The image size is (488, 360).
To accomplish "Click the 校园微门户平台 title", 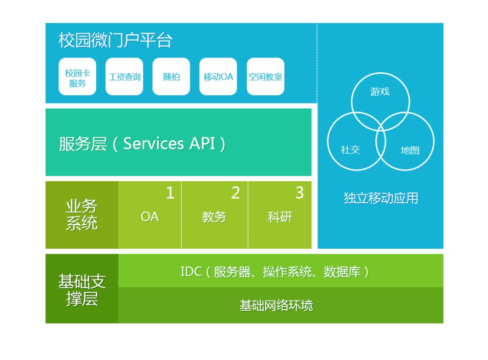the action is coord(115,40).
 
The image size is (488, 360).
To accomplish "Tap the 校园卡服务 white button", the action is coord(77,76).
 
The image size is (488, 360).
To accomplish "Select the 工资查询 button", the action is coord(124,76).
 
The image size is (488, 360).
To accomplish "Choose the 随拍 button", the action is coord(172,76).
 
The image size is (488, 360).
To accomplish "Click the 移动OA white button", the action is coord(218,76).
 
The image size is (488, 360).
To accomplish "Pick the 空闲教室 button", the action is coord(265,76).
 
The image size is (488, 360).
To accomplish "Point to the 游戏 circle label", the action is coord(380,92).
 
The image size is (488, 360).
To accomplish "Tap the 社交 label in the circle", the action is coord(350,150).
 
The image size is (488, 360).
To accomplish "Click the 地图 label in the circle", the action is coord(410,150).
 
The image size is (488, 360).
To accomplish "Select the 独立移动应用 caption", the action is coord(381,198).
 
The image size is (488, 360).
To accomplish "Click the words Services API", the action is coord(169,143).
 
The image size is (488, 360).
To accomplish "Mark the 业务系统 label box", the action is coord(82,215).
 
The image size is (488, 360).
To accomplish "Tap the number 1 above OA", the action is coord(170,193).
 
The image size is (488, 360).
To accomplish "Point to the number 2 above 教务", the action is coord(236,193).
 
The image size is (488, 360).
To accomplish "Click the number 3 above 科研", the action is coord(300,193).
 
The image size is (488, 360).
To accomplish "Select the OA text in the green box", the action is coord(150,217).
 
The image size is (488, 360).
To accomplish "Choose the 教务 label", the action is coord(214,217).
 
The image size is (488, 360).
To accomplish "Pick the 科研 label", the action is coord(280,217).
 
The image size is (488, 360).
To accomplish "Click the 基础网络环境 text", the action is coord(277,306).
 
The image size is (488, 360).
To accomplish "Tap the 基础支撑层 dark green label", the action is coord(82,289).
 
